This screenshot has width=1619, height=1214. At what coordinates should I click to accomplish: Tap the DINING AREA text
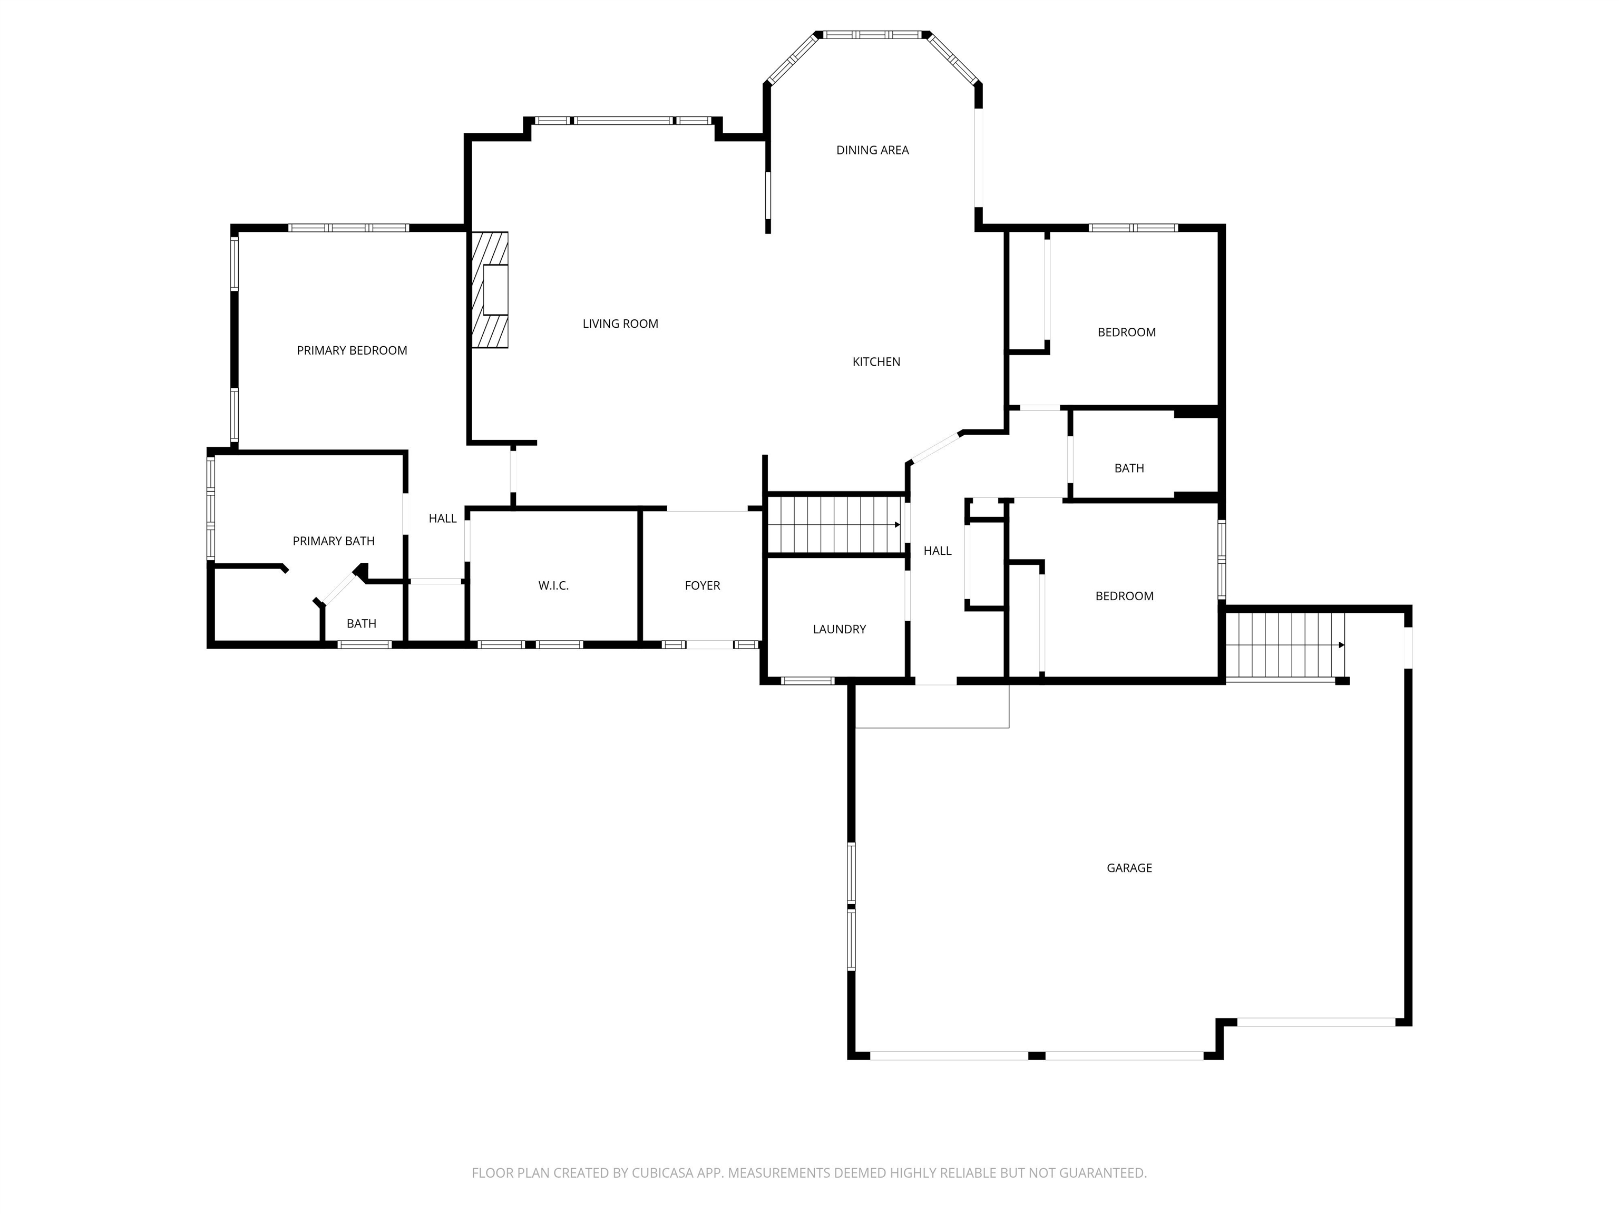point(872,150)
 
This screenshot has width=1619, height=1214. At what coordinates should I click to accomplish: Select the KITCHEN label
point(876,361)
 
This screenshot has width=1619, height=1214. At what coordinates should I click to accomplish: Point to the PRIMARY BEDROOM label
point(352,350)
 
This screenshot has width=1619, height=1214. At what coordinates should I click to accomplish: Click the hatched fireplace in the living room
point(490,290)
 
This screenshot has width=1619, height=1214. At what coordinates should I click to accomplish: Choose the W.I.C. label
point(553,585)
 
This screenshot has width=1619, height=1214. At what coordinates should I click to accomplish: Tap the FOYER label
point(702,585)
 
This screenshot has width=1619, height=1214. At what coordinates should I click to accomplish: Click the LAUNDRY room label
point(839,629)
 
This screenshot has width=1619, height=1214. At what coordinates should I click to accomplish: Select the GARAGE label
point(1129,868)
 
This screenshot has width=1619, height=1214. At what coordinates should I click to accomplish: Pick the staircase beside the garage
point(1285,645)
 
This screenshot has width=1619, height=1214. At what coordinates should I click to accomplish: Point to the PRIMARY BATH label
point(334,541)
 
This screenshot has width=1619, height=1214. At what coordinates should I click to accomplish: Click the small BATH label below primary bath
point(362,623)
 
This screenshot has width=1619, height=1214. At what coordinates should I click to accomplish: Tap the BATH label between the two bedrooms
point(1129,468)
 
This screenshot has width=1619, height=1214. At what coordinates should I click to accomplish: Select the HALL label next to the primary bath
point(442,518)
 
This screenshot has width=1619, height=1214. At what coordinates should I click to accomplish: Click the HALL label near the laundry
point(937,551)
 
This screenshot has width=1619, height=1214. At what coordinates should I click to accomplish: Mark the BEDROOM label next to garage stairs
point(1124,596)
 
